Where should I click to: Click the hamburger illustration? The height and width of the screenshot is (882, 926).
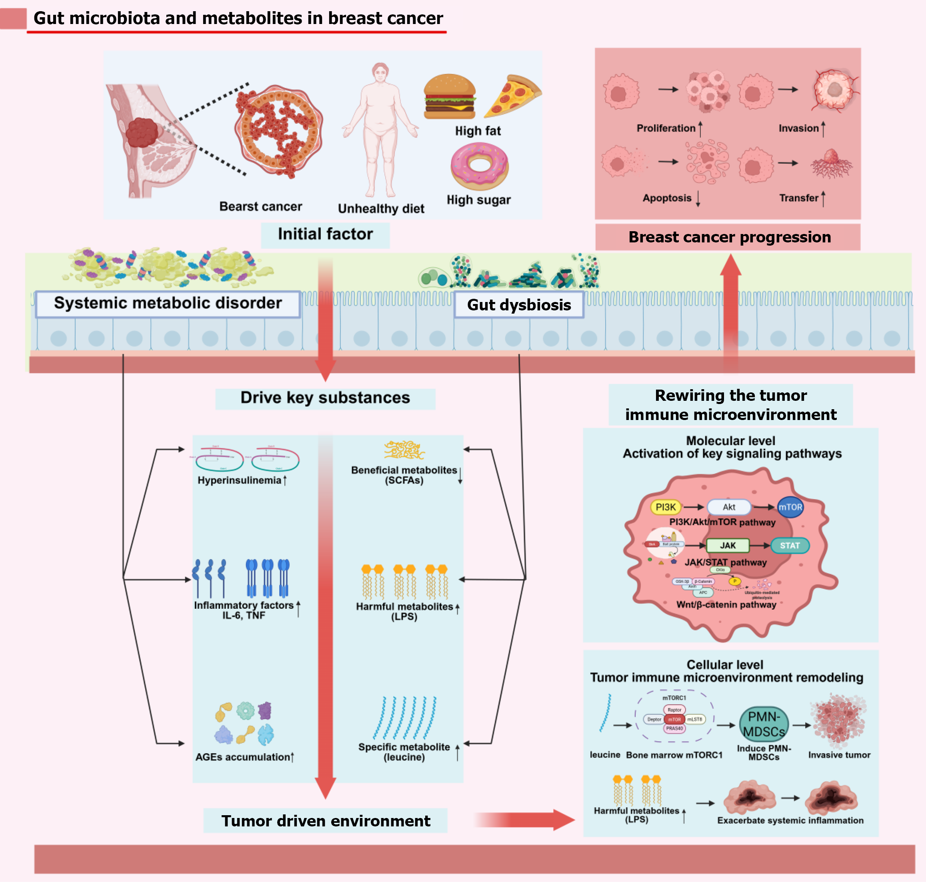(x=449, y=96)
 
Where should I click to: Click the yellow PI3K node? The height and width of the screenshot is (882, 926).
(x=665, y=507)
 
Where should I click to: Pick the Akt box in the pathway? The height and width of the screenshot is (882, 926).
(x=728, y=507)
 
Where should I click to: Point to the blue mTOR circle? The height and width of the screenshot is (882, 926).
(x=790, y=507)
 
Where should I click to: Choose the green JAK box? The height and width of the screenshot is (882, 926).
(x=728, y=545)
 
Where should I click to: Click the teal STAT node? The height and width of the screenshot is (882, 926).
(x=790, y=545)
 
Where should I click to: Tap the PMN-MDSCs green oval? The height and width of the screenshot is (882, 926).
(x=764, y=724)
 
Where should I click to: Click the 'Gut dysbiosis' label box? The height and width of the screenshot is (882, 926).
(x=519, y=305)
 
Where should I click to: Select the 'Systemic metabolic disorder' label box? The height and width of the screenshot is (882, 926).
(x=168, y=303)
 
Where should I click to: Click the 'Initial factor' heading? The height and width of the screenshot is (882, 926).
(x=325, y=234)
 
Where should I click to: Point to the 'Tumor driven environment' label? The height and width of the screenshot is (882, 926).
(x=326, y=821)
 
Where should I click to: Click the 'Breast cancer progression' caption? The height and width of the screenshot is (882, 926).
(x=730, y=237)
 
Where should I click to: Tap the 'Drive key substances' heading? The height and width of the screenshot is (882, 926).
(x=325, y=398)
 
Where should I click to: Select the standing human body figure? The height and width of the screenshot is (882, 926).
(x=380, y=132)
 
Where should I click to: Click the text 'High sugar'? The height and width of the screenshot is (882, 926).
(x=478, y=200)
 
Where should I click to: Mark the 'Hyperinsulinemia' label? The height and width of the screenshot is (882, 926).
(x=239, y=480)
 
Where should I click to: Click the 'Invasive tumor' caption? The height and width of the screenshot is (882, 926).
(x=839, y=754)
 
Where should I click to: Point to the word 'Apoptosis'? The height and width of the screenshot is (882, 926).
(x=667, y=198)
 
